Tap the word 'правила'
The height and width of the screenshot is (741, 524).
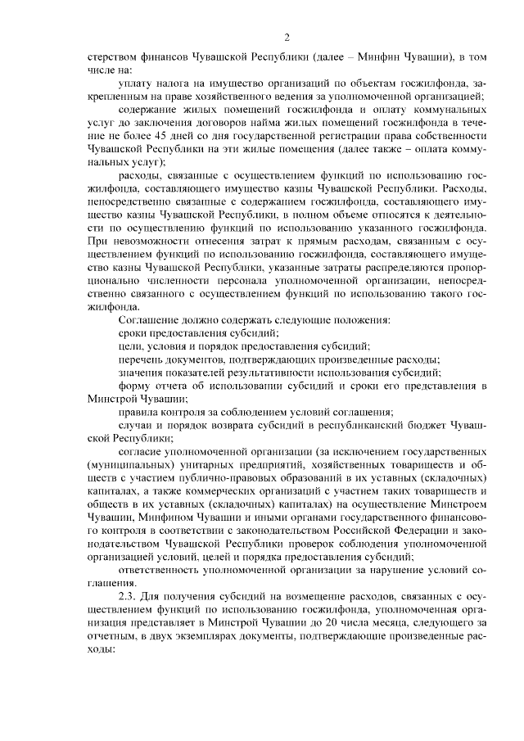138,412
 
